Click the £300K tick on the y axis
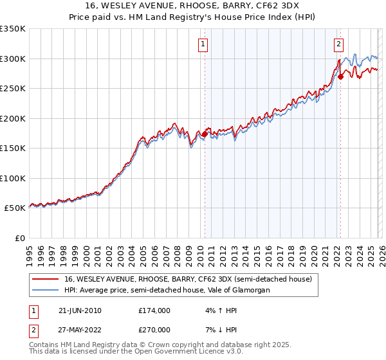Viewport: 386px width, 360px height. pos(14,59)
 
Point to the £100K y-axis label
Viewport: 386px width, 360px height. pos(14,178)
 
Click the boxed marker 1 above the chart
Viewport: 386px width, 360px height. pos(203,44)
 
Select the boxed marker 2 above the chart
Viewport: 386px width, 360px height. pos(338,44)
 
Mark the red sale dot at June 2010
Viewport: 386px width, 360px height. pos(205,134)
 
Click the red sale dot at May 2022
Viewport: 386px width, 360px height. pos(340,76)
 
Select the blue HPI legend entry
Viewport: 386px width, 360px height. pos(167,290)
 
